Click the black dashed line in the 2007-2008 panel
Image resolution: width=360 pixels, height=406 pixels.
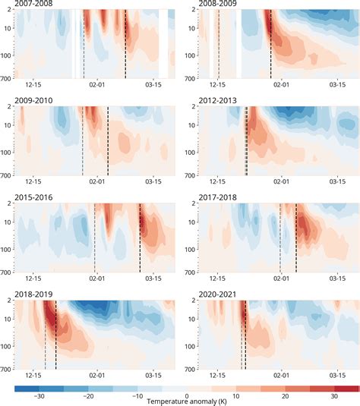click(125, 46)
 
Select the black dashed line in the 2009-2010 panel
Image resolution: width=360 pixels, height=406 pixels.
click(108, 140)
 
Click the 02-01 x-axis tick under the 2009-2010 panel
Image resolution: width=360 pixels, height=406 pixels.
click(97, 182)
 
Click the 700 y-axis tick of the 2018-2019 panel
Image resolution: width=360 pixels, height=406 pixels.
click(7, 367)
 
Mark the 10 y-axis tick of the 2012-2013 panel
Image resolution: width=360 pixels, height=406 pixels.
click(194, 125)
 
